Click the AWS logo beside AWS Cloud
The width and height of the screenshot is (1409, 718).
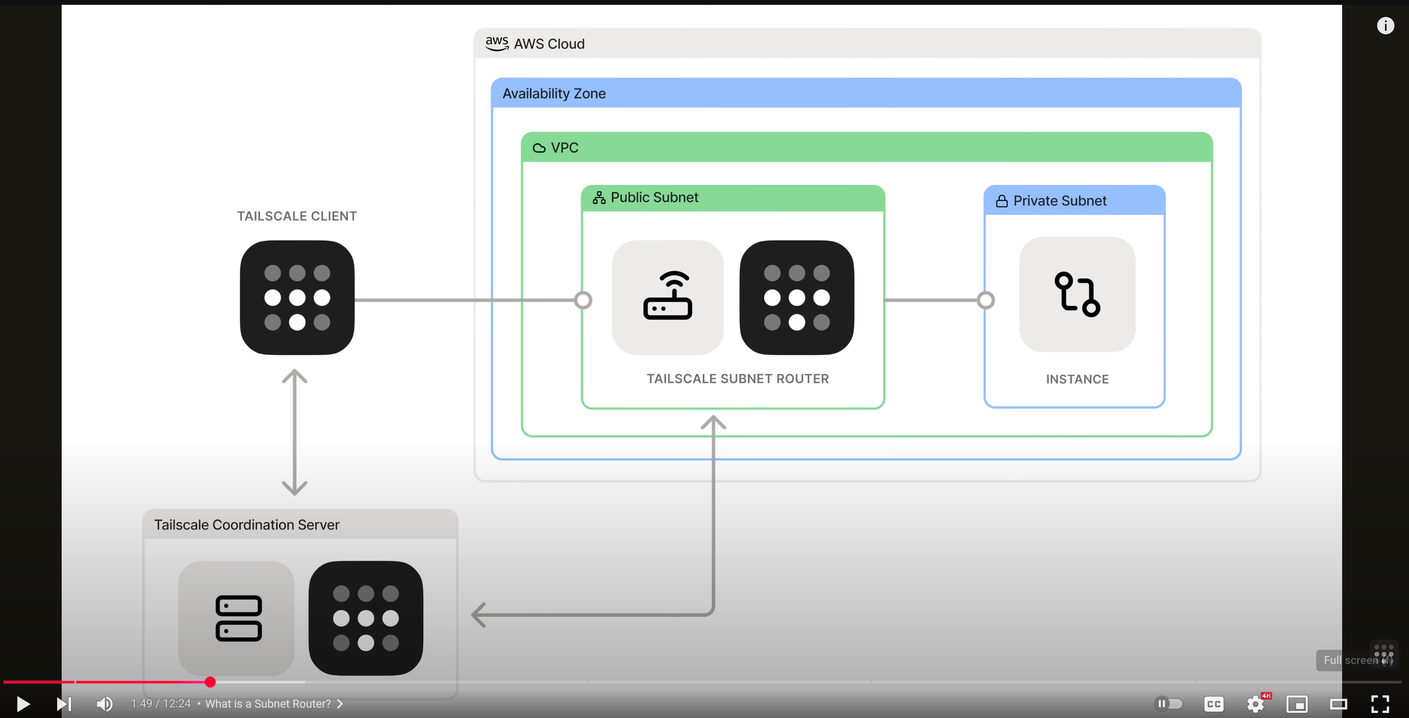[497, 44]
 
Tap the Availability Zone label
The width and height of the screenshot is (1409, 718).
[553, 93]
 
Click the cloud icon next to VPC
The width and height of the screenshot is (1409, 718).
[539, 148]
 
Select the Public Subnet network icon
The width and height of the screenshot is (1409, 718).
[599, 198]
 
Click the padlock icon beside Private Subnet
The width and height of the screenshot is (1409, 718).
[1002, 201]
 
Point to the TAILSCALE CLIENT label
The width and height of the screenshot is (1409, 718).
[296, 216]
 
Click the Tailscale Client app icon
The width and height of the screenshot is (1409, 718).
[297, 297]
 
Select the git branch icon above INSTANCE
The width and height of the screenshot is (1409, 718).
[1076, 294]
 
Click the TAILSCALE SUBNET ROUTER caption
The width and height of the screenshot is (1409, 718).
[737, 378]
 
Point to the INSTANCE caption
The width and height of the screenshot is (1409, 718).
[1077, 379]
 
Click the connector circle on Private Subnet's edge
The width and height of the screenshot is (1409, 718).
[986, 300]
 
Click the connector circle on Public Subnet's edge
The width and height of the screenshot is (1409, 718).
[583, 300]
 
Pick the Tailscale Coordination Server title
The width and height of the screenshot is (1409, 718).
[247, 524]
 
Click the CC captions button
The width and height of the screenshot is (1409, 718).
[1213, 704]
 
